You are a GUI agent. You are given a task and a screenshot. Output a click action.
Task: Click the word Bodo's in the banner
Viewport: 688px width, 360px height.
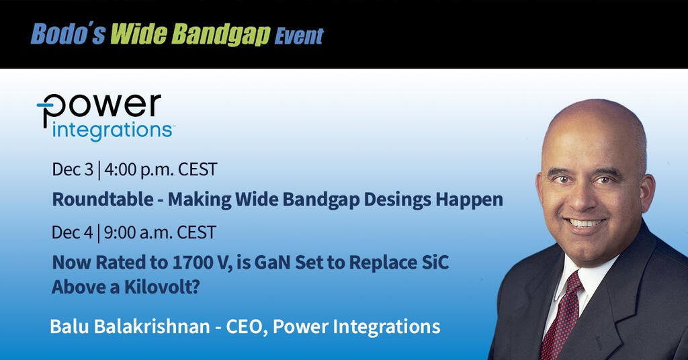pos(68,34)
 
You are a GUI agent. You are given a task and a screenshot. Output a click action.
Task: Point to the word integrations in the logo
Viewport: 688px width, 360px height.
pos(112,131)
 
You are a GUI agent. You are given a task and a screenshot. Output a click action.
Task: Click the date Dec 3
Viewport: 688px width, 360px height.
pos(73,169)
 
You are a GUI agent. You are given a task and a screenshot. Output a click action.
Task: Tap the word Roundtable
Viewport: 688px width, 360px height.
pos(103,199)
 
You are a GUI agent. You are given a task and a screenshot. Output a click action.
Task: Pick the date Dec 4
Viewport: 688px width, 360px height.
pos(73,232)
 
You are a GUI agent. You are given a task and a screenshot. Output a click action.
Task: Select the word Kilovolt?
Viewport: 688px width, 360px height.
pos(163,287)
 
